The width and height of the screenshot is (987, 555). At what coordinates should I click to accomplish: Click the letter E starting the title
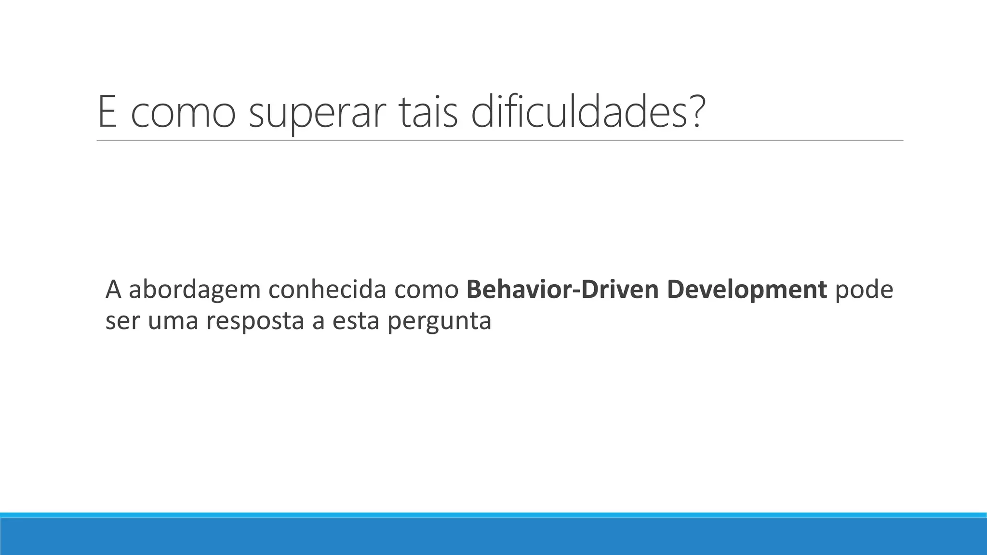pos(107,112)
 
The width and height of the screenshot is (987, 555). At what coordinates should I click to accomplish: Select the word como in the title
pos(183,116)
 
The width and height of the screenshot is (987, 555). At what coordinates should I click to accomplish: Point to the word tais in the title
pos(429,113)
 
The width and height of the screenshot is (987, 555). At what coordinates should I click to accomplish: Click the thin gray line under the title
pos(499,141)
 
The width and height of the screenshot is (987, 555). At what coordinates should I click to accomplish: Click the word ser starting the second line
pos(122,322)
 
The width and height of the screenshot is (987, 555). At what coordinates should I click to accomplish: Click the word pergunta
pos(439,322)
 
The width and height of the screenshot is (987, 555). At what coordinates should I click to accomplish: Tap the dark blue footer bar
pos(493,537)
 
